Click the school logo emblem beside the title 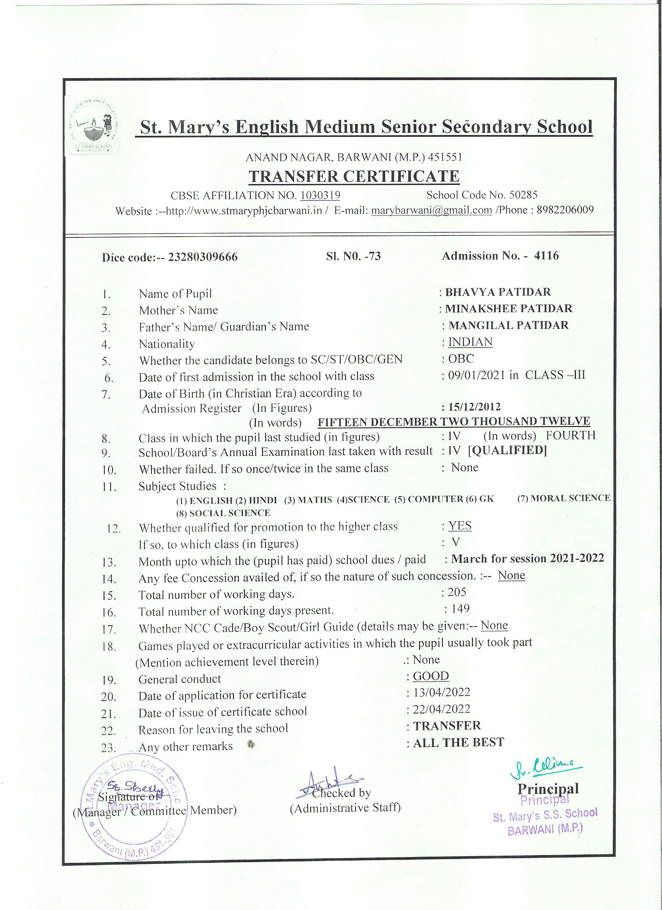[95, 126]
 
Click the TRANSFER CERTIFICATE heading [354, 177]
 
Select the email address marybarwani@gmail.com [431, 210]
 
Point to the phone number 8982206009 [564, 210]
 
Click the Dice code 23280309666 [203, 257]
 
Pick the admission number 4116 [546, 256]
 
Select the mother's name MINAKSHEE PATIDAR [508, 309]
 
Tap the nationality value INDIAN [470, 342]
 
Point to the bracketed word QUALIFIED [507, 450]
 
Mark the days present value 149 [460, 609]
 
